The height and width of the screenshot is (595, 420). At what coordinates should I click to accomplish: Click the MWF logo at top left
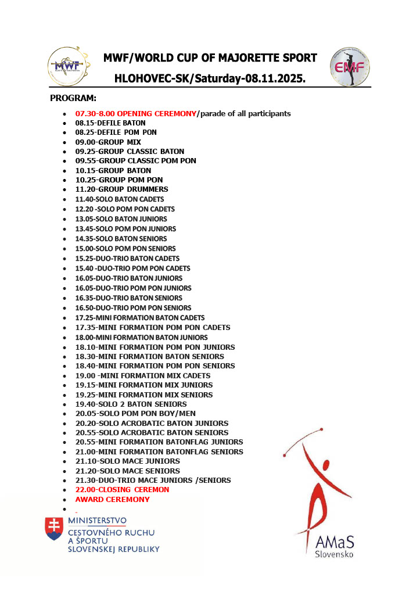pyautogui.click(x=69, y=66)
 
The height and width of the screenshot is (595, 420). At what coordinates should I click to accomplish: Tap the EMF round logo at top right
pyautogui.click(x=349, y=67)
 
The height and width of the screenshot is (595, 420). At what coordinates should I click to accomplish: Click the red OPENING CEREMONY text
pyautogui.click(x=136, y=113)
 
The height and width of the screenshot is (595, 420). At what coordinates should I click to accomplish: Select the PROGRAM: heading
pyautogui.click(x=73, y=98)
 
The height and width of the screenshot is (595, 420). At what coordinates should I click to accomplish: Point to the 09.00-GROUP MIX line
pyautogui.click(x=108, y=142)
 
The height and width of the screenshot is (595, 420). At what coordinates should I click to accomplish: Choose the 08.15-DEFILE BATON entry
pyautogui.click(x=110, y=123)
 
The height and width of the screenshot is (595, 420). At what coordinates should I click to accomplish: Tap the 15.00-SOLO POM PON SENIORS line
pyautogui.click(x=125, y=249)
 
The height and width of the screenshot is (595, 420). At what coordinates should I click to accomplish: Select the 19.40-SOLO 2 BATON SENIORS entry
pyautogui.click(x=131, y=404)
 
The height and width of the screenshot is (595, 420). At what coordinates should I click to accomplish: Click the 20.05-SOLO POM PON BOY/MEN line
pyautogui.click(x=135, y=414)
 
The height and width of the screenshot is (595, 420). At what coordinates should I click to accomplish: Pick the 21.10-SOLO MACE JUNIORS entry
pyautogui.click(x=127, y=461)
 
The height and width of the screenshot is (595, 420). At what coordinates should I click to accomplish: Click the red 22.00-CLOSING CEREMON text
pyautogui.click(x=122, y=490)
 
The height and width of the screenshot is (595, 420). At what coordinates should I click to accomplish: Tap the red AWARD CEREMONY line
pyautogui.click(x=112, y=499)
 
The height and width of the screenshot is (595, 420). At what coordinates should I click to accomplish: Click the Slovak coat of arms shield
pyautogui.click(x=54, y=529)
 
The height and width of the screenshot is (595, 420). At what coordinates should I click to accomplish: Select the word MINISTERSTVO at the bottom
pyautogui.click(x=97, y=520)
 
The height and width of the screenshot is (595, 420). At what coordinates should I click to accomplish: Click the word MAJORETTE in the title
pyautogui.click(x=235, y=58)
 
